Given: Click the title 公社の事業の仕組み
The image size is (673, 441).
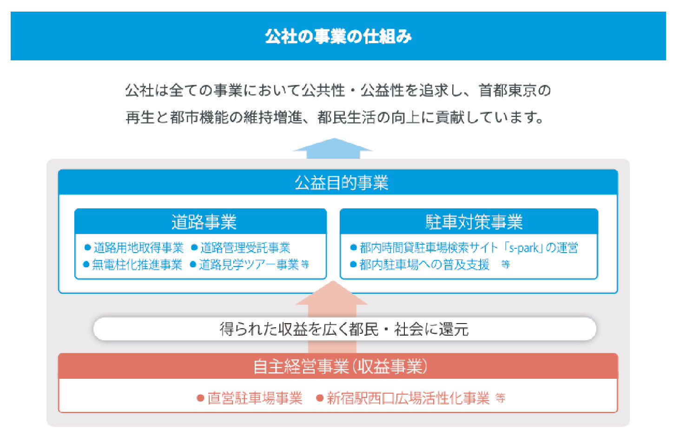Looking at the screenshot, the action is click(x=338, y=37).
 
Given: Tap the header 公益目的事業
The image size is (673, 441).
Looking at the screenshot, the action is click(x=341, y=183).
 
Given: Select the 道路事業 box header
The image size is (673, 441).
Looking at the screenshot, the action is click(x=204, y=222).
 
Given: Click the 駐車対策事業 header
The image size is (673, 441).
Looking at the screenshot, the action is click(x=474, y=222).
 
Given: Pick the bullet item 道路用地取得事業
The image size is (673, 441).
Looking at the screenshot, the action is click(x=139, y=248).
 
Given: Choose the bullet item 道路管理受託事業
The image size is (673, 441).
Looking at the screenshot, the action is click(x=245, y=248).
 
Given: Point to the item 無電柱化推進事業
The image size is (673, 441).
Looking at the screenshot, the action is click(x=137, y=265).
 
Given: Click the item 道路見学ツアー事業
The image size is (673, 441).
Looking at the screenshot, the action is click(x=249, y=265).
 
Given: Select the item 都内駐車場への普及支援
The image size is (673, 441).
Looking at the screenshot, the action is click(x=424, y=265).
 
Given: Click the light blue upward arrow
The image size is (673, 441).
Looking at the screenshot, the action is click(x=333, y=148).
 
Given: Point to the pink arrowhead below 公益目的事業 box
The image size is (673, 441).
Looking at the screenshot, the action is click(x=332, y=293).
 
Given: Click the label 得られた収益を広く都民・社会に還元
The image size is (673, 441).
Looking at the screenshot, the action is click(x=344, y=329).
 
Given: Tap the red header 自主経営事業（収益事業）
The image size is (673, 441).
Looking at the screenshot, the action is click(x=340, y=366).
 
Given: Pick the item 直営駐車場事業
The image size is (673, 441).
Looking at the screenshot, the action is click(x=255, y=398).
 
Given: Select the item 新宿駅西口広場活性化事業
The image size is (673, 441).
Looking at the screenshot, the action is click(x=408, y=398).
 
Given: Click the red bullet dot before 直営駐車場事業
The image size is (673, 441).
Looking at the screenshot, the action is click(x=200, y=398).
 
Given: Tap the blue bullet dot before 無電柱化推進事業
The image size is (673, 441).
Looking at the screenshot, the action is click(x=86, y=265).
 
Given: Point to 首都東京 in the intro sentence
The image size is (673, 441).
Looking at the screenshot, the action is click(x=508, y=91).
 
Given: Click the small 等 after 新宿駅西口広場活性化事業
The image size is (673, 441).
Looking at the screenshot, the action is click(x=501, y=398).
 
